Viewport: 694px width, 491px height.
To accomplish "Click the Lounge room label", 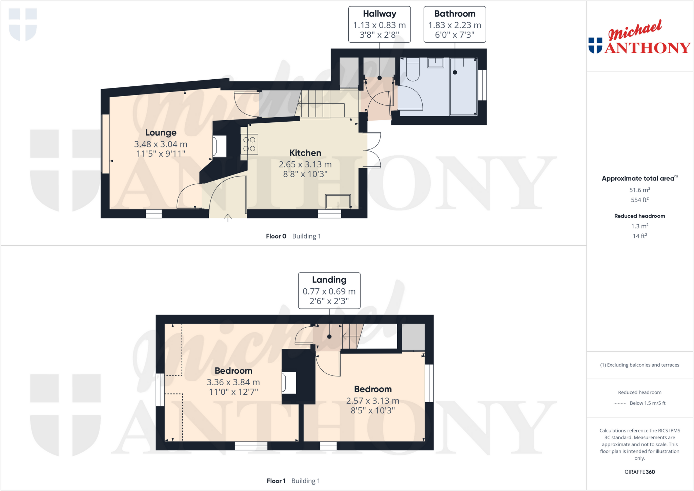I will pyautogui.click(x=161, y=132).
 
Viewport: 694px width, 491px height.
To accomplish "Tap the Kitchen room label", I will pyautogui.click(x=305, y=153).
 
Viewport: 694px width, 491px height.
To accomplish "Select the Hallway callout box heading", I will pyautogui.click(x=379, y=14).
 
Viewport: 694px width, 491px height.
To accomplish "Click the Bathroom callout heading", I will pyautogui.click(x=454, y=14).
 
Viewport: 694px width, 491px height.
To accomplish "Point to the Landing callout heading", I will pyautogui.click(x=329, y=280).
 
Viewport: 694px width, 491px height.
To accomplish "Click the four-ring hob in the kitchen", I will pyautogui.click(x=249, y=144).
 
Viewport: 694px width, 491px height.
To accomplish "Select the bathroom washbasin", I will pyautogui.click(x=435, y=63).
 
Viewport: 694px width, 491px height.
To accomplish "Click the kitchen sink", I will pyautogui.click(x=338, y=202).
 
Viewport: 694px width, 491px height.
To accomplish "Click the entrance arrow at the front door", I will pyautogui.click(x=228, y=218).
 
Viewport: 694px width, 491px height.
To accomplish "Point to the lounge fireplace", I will pyautogui.click(x=219, y=146).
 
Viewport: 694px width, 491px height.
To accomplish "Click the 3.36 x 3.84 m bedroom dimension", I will pyautogui.click(x=233, y=382).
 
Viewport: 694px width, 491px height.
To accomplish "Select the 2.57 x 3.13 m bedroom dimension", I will pyautogui.click(x=372, y=401).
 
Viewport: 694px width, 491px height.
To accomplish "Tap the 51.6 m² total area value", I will pyautogui.click(x=639, y=190).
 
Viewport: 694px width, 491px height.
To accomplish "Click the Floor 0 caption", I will pyautogui.click(x=276, y=236).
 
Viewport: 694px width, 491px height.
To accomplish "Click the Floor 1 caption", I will pyautogui.click(x=276, y=481).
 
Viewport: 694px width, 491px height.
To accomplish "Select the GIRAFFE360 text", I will pyautogui.click(x=639, y=472).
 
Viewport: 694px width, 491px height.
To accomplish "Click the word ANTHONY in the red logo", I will pyautogui.click(x=647, y=48).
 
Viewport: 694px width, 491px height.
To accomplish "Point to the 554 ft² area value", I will pyautogui.click(x=639, y=200).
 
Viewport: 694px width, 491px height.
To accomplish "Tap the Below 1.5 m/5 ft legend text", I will pyautogui.click(x=647, y=403).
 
